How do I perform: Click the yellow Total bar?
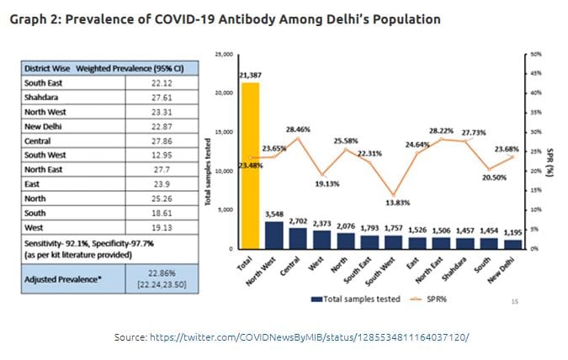(249, 165)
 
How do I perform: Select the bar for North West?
(275, 235)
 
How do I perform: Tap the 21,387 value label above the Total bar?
(250, 76)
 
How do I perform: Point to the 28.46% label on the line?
(299, 130)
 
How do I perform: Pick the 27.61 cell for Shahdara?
(160, 98)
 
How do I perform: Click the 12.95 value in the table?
(160, 155)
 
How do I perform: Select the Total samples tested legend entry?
(344, 299)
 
